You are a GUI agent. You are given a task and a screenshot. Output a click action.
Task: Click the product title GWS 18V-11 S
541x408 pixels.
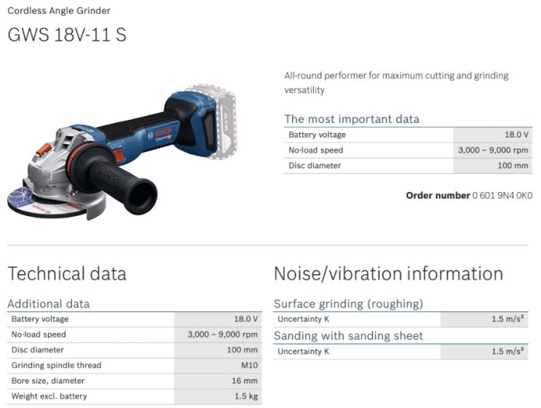(x=67, y=35)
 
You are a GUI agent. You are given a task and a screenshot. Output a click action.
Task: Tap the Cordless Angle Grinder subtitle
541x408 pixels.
(x=59, y=11)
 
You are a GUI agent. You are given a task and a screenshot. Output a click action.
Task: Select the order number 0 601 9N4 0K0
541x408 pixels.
(x=502, y=196)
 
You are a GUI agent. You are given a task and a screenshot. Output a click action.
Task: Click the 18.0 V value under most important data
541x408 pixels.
(x=516, y=135)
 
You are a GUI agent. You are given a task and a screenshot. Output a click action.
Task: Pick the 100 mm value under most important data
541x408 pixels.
(x=513, y=165)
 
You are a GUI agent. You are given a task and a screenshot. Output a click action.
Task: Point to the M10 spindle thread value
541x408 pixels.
(x=250, y=365)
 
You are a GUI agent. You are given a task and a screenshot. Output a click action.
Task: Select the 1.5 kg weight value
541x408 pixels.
(x=246, y=396)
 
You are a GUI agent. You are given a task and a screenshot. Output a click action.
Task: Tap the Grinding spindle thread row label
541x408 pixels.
(x=56, y=365)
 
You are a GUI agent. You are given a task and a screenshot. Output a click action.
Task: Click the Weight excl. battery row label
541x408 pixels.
(x=49, y=396)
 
